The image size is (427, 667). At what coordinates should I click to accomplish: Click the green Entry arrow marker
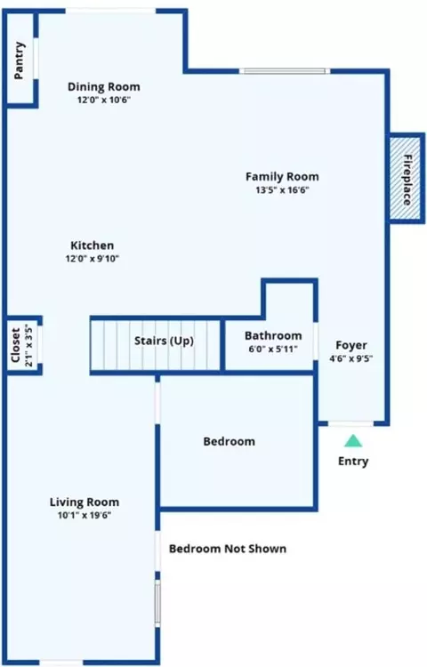(353, 441)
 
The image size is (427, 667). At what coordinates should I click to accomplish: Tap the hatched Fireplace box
(407, 178)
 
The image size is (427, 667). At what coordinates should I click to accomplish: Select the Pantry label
(20, 60)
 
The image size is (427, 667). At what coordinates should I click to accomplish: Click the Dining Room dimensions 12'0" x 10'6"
(104, 100)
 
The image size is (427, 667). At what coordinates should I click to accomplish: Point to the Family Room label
(282, 177)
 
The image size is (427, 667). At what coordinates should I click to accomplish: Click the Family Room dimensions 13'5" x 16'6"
(282, 189)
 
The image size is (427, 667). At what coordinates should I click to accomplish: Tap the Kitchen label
(92, 245)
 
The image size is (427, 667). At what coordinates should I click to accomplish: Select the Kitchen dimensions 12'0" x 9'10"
(92, 258)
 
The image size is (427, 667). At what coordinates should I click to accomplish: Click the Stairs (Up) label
(164, 341)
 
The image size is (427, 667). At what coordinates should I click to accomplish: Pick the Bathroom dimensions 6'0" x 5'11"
(273, 350)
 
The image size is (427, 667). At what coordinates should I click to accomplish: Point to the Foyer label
(351, 345)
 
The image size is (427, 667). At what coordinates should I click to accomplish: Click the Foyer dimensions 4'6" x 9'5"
(351, 358)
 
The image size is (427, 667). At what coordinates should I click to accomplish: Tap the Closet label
(16, 345)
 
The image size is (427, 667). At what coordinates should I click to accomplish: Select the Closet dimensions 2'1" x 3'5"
(28, 345)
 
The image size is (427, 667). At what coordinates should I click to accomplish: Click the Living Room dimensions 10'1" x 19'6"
(85, 515)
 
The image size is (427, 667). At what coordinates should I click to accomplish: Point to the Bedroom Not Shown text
(228, 549)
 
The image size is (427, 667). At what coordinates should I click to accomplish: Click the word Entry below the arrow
(353, 461)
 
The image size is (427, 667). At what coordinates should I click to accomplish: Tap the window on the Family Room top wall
(285, 71)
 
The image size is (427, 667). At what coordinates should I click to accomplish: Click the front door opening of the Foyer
(350, 423)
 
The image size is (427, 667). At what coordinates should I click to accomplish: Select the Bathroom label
(273, 335)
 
